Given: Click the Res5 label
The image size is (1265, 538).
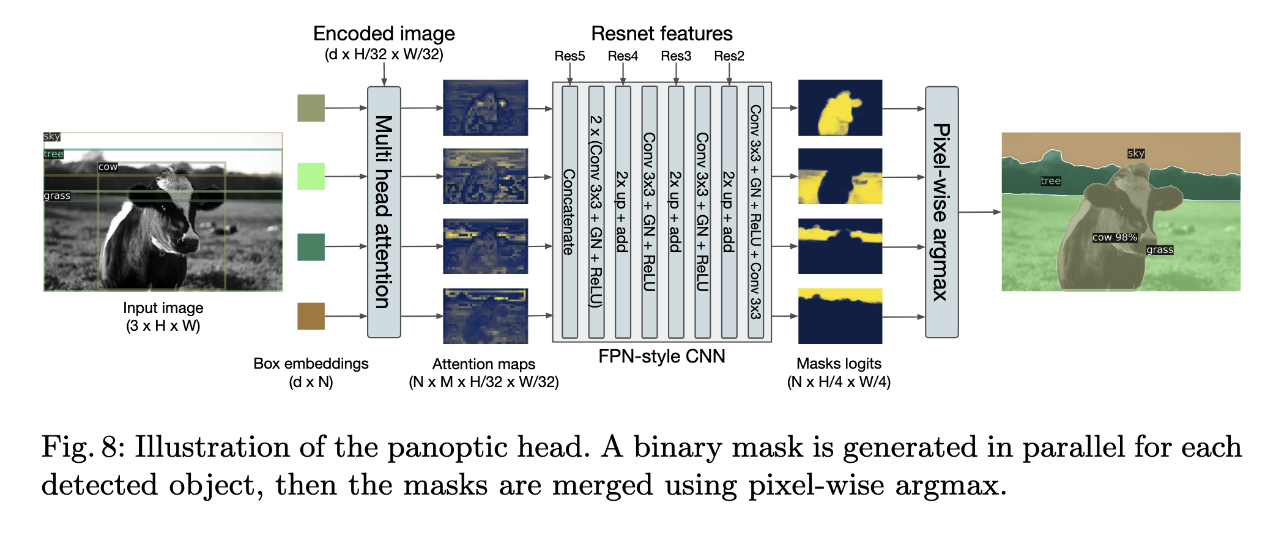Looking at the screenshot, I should [x=569, y=56].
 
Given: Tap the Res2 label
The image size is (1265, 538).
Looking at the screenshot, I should [x=729, y=56].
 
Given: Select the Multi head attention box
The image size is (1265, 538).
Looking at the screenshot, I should [x=384, y=212].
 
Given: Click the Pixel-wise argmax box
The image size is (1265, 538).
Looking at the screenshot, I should [x=941, y=212].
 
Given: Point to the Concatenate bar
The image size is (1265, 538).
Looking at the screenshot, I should [x=569, y=212].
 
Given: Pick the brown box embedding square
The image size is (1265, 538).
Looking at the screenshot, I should [x=311, y=316].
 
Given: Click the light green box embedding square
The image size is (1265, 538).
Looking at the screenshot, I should [x=311, y=177].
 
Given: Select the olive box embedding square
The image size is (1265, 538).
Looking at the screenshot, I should [x=311, y=108].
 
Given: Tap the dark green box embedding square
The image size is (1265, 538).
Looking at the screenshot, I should [x=311, y=246].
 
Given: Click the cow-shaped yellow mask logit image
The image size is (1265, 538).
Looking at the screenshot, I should [x=840, y=108].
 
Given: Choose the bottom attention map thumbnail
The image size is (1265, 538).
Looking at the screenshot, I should [x=485, y=316].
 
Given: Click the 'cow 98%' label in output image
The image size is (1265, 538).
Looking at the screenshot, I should [x=1115, y=237].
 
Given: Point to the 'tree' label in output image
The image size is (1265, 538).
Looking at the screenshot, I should [x=1050, y=181].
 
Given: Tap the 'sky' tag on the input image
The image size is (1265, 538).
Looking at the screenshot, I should [x=52, y=136].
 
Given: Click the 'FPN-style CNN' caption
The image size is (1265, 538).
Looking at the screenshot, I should [x=661, y=356].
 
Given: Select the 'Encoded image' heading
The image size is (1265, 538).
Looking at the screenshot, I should [x=384, y=34].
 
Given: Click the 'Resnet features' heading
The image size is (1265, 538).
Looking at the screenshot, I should [x=661, y=34].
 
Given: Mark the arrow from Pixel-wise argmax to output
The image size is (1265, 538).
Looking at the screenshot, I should [x=979, y=212].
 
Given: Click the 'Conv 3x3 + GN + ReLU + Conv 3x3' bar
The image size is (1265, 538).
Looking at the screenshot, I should [x=755, y=212].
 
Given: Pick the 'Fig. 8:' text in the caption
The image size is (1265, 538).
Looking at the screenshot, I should [x=83, y=448].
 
